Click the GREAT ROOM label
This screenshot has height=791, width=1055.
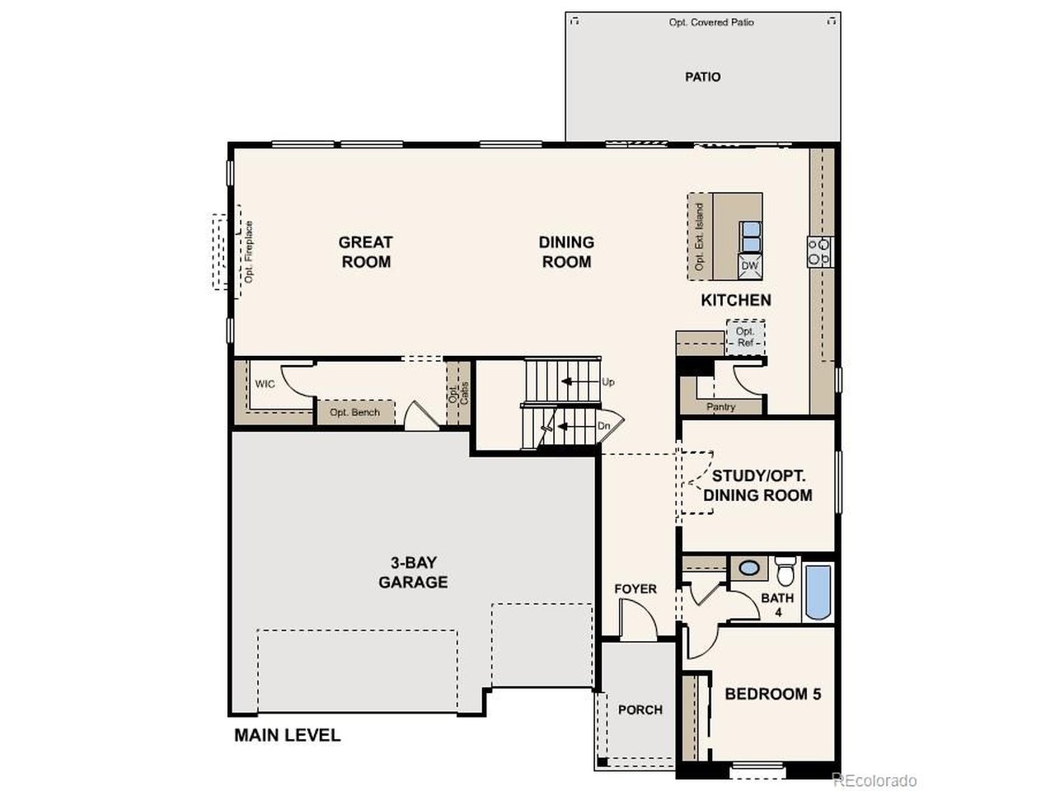pos(366,252)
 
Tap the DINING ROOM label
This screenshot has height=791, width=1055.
pos(566,252)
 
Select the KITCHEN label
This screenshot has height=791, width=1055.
pos(736,300)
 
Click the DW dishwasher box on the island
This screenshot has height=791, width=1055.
pos(749,266)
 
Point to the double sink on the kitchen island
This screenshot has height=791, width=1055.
pos(750,236)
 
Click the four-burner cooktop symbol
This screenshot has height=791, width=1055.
pos(819,250)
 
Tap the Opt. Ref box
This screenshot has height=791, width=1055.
pos(745,336)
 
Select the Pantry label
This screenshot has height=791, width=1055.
pos(721,407)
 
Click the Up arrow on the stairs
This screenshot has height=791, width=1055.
pos(570,381)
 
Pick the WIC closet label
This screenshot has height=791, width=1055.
pos(265,384)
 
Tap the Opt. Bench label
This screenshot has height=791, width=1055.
pos(354,412)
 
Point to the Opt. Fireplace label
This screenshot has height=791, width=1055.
pos(249,252)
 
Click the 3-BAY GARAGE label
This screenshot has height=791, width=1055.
pos(413,573)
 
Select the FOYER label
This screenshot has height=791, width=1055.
pos(635,588)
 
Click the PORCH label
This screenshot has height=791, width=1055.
pos(640,709)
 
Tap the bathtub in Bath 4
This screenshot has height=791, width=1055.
pos(818,592)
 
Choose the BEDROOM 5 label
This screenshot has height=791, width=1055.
pos(772,694)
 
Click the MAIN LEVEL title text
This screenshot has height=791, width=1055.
pos(287,735)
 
